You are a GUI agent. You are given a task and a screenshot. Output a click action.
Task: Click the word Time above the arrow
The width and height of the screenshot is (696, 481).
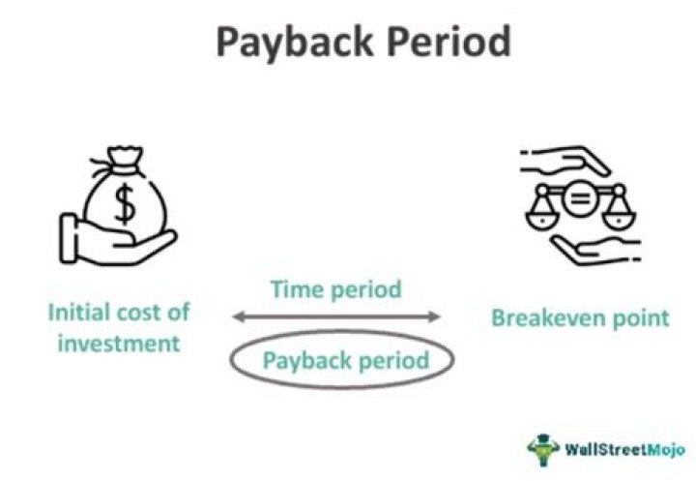pos(295,288)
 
